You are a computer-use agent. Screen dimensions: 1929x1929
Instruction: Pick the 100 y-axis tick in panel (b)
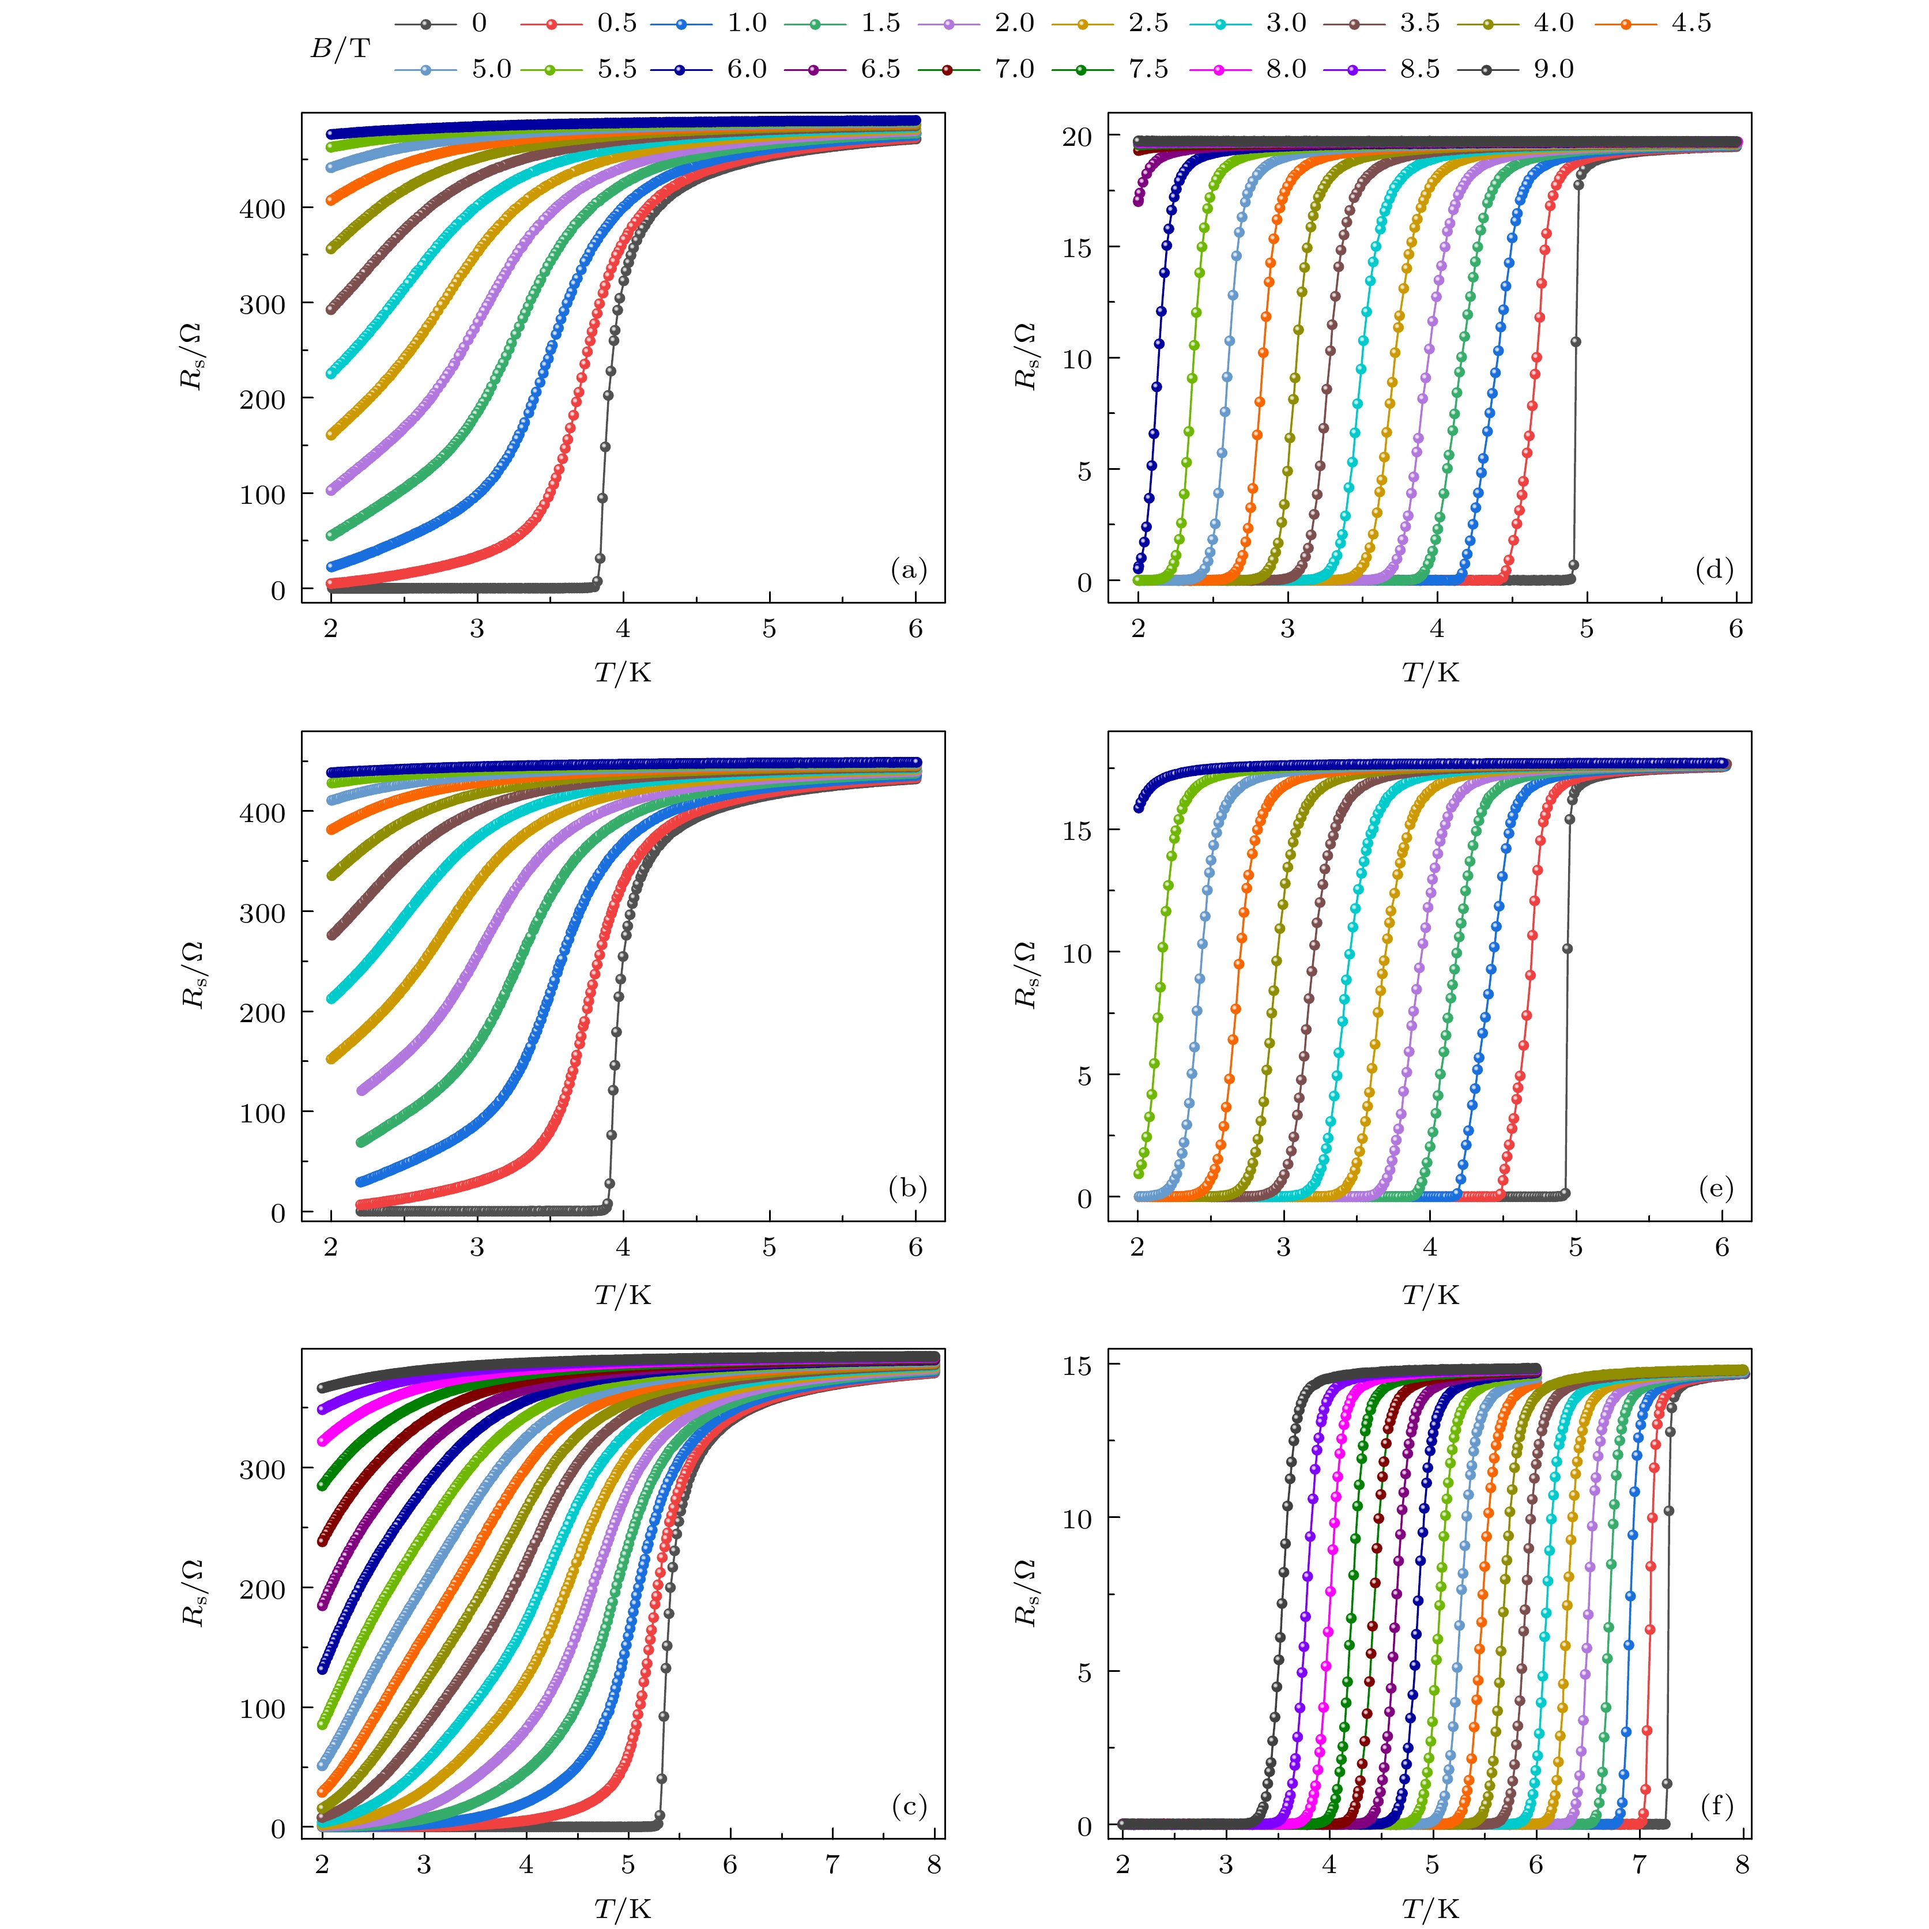[x=262, y=1112]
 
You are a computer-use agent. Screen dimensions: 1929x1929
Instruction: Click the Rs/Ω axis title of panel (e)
[x=1026, y=974]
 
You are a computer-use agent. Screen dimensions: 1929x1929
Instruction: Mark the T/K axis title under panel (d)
[x=1430, y=673]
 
